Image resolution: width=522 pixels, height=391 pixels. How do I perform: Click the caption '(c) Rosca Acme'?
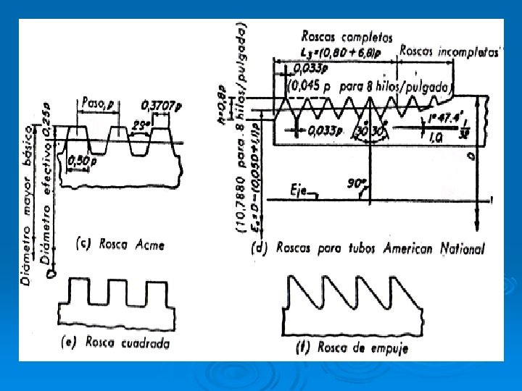point(120,244)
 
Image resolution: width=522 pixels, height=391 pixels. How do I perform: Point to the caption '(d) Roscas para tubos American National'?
point(368,249)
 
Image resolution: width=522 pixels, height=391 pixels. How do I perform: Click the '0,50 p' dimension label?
point(83,159)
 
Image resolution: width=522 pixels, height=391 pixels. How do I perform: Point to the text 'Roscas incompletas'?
point(442,51)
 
